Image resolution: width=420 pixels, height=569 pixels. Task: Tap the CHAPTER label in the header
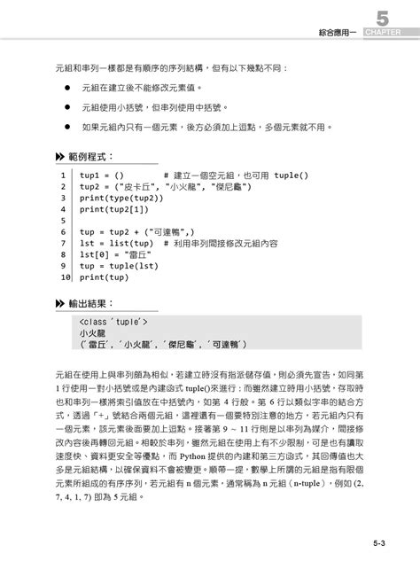tap(382, 33)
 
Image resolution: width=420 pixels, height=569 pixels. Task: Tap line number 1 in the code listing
tap(64, 175)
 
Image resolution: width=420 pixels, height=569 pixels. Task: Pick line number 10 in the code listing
tap(65, 277)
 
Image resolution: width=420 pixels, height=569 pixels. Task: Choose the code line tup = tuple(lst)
tap(119, 265)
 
